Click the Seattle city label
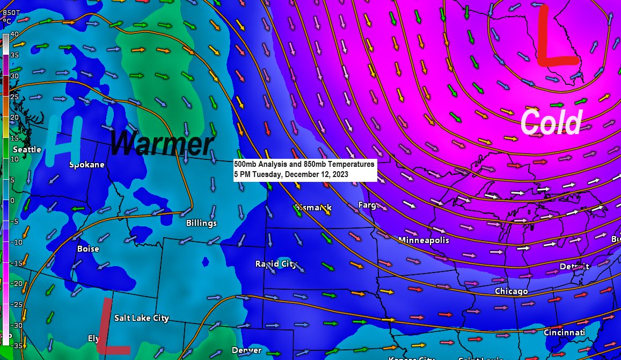click(x=27, y=149)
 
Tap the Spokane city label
click(x=87, y=165)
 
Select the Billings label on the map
click(x=201, y=223)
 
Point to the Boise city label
click(x=88, y=248)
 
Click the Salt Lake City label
click(x=142, y=318)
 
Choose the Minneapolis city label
click(x=423, y=240)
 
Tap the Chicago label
click(x=511, y=291)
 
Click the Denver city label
click(x=246, y=350)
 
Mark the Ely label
click(x=94, y=338)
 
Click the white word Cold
click(x=551, y=122)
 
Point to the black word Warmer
click(x=162, y=144)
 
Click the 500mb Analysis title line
click(x=304, y=164)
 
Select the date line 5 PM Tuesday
click(x=291, y=174)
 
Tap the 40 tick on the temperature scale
click(x=14, y=34)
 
